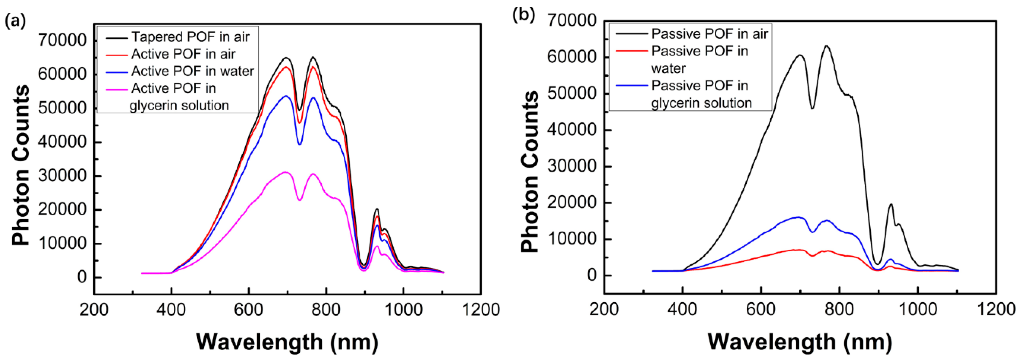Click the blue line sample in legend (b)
(x=631, y=86)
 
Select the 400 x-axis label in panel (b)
(x=682, y=309)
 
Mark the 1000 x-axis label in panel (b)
(x=917, y=309)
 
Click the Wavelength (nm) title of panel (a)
(x=287, y=341)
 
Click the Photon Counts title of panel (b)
(x=530, y=171)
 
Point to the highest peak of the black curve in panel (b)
(x=826, y=46)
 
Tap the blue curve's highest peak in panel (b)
(x=797, y=217)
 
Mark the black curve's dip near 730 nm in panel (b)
(x=812, y=109)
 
